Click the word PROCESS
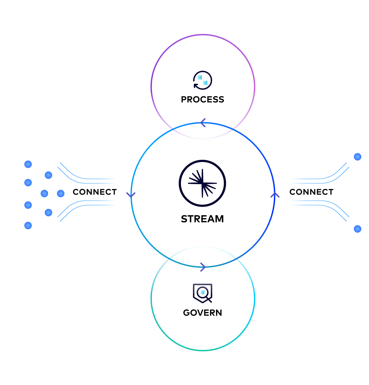[202, 99]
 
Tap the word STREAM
[202, 219]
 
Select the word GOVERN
[202, 312]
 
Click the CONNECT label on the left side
[95, 192]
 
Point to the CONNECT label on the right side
[311, 192]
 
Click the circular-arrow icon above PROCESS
[202, 80]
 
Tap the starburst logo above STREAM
[202, 184]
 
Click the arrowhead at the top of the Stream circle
[203, 123]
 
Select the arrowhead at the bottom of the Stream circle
[203, 267]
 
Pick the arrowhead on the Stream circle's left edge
[131, 195]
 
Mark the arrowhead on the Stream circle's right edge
[275, 195]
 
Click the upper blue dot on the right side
[357, 157]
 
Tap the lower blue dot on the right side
[357, 229]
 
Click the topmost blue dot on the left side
[28, 164]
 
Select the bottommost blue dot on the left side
[28, 226]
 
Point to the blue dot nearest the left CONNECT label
[61, 193]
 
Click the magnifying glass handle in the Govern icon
[209, 300]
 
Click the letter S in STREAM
[184, 219]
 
